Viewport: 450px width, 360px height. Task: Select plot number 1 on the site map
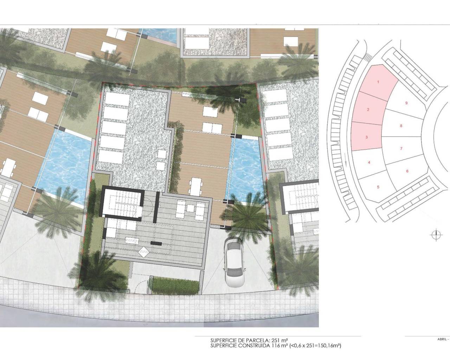pos(378,82)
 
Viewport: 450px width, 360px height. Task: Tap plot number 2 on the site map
pos(368,110)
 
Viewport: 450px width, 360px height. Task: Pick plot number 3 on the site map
pos(366,137)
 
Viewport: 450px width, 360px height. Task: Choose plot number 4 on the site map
pos(369,162)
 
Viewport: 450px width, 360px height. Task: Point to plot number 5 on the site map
pos(378,187)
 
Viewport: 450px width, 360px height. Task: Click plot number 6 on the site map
pos(407,171)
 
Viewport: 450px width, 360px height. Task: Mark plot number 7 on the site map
pos(401,149)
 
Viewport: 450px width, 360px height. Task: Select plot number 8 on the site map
pos(401,126)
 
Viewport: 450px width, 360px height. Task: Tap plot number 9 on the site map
pos(406,103)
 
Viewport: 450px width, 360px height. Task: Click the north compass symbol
pos(436,235)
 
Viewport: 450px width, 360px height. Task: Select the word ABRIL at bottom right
pos(442,339)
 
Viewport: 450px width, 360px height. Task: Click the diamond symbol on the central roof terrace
pos(144,252)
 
